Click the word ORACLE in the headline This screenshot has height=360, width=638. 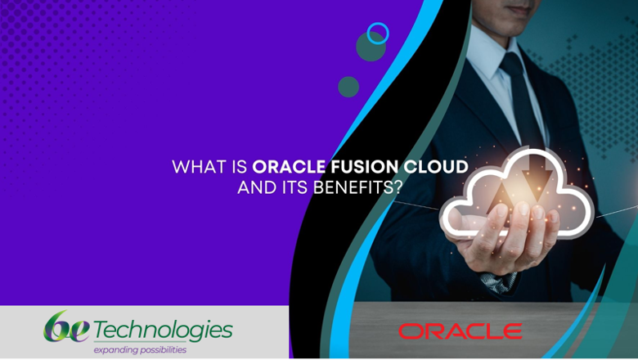(x=289, y=167)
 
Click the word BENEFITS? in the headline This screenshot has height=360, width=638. (x=358, y=187)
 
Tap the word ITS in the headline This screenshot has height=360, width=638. (x=295, y=187)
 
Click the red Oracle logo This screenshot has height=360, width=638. (x=461, y=331)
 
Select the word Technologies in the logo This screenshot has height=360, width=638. (x=163, y=331)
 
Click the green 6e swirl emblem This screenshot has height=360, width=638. (x=66, y=326)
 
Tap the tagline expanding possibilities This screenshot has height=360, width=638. (x=140, y=350)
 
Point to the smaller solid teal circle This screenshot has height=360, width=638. (x=348, y=87)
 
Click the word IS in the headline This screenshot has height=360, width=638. (x=239, y=167)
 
